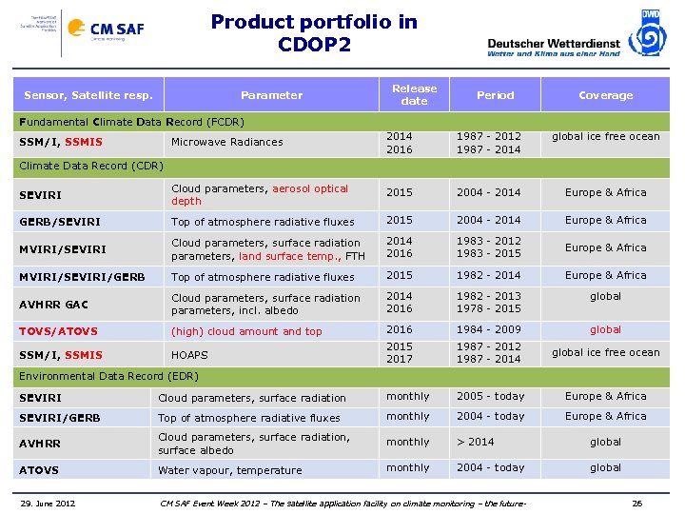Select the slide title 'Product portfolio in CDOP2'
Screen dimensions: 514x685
coord(313,32)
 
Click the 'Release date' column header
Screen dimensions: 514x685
coord(414,94)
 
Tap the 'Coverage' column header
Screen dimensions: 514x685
coord(605,95)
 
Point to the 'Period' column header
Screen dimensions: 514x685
coord(495,95)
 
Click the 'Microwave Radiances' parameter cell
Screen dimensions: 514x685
coord(226,142)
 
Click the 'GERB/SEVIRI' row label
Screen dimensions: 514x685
coord(60,221)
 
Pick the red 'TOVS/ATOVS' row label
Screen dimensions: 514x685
coord(58,331)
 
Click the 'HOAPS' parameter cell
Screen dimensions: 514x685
coord(189,354)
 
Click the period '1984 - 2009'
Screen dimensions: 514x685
coord(489,330)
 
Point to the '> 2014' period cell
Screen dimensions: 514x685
coord(476,442)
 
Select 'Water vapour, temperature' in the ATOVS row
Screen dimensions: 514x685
coord(229,470)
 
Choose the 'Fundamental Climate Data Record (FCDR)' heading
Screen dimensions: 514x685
coord(132,122)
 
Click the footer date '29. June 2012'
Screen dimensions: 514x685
coord(50,503)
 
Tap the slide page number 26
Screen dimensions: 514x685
coord(637,503)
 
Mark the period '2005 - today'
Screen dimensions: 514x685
coord(490,397)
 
